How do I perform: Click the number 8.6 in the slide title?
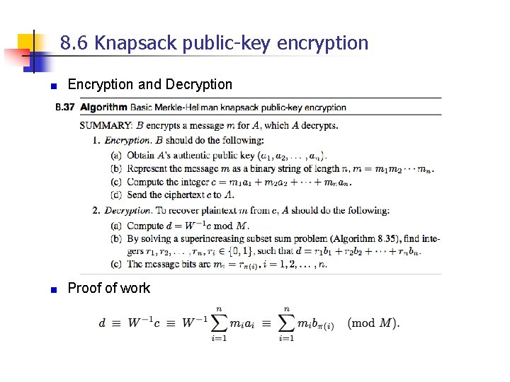pos(74,44)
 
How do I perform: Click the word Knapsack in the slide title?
pos(136,44)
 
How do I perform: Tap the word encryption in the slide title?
pos(323,44)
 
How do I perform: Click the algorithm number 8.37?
pos(64,108)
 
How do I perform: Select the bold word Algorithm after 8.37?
pos(103,108)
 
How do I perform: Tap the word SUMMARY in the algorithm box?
pos(106,126)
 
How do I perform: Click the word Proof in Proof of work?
pos(81,288)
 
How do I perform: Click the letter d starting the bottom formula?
pos(103,323)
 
